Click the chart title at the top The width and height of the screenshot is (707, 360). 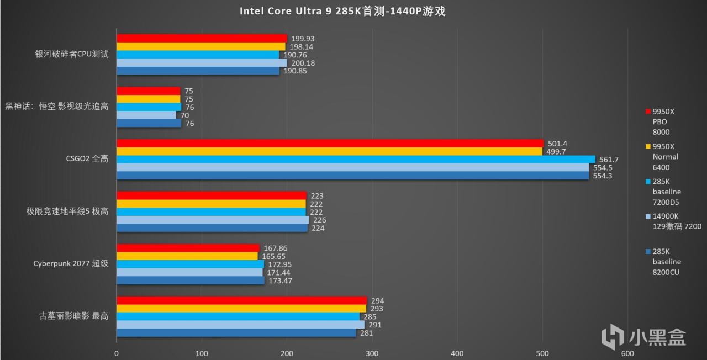[x=342, y=12]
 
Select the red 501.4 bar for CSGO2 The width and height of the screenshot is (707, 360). [x=330, y=144]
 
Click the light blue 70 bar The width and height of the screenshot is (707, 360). [x=146, y=115]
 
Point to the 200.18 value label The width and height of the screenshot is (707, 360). [x=303, y=63]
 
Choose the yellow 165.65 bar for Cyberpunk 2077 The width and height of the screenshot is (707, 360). [x=187, y=256]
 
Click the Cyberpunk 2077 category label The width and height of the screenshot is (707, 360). [x=71, y=263]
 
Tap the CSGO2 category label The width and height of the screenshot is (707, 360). [x=87, y=159]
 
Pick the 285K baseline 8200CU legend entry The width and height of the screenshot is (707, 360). [x=666, y=261]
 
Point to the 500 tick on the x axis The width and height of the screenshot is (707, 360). [x=542, y=353]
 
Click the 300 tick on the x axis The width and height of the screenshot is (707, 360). [x=372, y=353]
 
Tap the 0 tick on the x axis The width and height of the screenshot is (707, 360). [x=117, y=353]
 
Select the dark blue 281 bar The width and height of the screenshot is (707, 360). [x=236, y=333]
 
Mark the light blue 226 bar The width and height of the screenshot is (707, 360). [x=213, y=220]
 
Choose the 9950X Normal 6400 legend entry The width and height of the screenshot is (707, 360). [x=664, y=157]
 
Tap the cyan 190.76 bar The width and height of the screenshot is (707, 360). [x=198, y=55]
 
